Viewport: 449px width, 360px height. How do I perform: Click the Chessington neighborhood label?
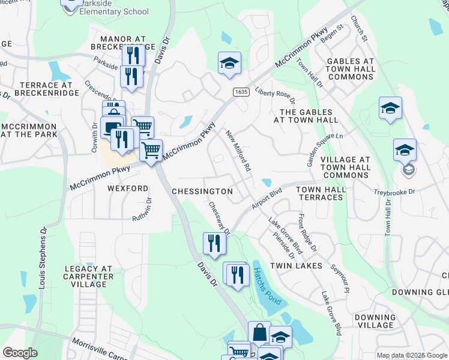tap(202, 191)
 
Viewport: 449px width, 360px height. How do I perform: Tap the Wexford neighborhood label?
tap(127, 188)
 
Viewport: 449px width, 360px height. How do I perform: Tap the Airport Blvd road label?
tap(267, 199)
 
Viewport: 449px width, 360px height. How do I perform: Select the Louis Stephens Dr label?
tap(42, 259)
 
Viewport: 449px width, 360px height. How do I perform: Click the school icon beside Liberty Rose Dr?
tap(229, 63)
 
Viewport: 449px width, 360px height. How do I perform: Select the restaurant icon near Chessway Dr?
tap(214, 243)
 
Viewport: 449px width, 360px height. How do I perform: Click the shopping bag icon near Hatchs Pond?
tap(260, 332)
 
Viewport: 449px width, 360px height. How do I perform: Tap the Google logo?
tap(20, 353)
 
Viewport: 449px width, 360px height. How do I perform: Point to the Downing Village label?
tap(375, 321)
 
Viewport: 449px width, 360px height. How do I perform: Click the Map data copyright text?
tap(411, 355)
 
